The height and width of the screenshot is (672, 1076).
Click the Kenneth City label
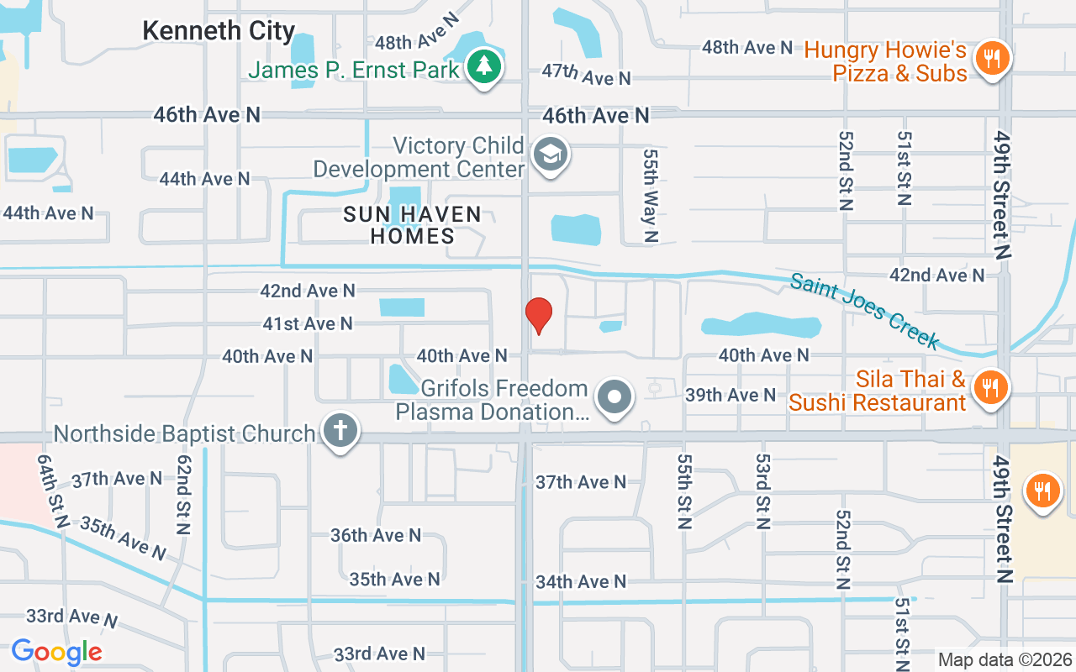click(x=219, y=31)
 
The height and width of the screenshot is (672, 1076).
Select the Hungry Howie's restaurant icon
click(x=993, y=58)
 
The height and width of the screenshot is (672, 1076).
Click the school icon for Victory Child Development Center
click(x=551, y=154)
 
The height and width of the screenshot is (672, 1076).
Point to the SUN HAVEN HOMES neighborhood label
click(x=412, y=225)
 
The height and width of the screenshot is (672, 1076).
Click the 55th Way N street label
click(x=650, y=196)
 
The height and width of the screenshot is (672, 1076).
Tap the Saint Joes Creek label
click(x=863, y=310)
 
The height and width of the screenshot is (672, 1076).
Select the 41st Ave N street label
click(x=308, y=323)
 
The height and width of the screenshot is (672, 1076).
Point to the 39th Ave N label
click(x=731, y=395)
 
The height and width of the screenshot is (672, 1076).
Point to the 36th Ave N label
click(x=375, y=535)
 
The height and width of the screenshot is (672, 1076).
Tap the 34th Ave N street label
click(x=581, y=581)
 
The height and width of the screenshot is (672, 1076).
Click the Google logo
click(x=56, y=652)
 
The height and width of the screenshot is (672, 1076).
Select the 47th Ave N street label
click(x=586, y=75)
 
